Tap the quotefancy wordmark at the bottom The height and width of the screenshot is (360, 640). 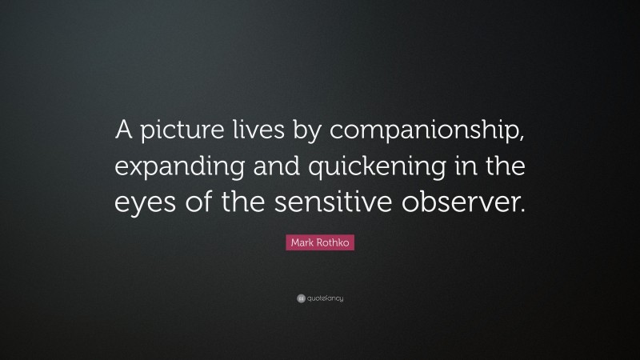coord(325,298)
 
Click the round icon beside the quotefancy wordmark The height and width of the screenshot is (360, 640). coord(300,298)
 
